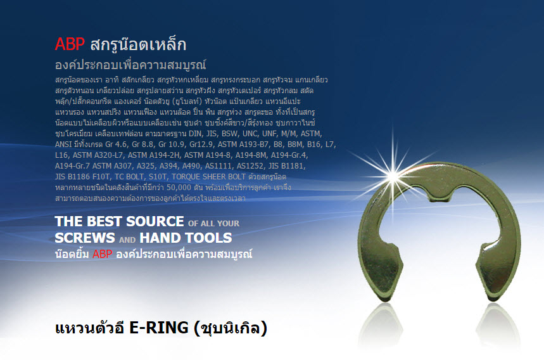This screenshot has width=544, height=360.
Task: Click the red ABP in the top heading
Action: pyautogui.click(x=70, y=44)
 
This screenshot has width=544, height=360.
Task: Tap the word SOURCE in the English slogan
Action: pyautogui.click(x=155, y=221)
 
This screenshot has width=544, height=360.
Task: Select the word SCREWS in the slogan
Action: pyautogui.click(x=85, y=238)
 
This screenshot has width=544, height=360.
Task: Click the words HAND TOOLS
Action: pyautogui.click(x=186, y=238)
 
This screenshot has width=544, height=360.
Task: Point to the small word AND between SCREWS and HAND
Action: pyautogui.click(x=127, y=240)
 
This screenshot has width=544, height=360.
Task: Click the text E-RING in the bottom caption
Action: pyautogui.click(x=159, y=328)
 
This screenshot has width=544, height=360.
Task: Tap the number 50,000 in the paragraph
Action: pyautogui.click(x=179, y=188)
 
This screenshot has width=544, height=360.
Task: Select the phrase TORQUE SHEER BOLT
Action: pyautogui.click(x=208, y=177)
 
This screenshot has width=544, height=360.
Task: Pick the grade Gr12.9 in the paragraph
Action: pyautogui.click(x=201, y=145)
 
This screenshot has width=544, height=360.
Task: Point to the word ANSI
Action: pyautogui.click(x=63, y=145)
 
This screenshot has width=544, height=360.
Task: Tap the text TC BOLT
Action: pyautogui.click(x=129, y=177)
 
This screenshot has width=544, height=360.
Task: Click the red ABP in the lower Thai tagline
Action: pyautogui.click(x=103, y=254)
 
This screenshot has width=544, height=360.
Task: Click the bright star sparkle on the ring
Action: pyautogui.click(x=393, y=176)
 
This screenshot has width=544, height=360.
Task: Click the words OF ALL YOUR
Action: pyautogui.click(x=213, y=223)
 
